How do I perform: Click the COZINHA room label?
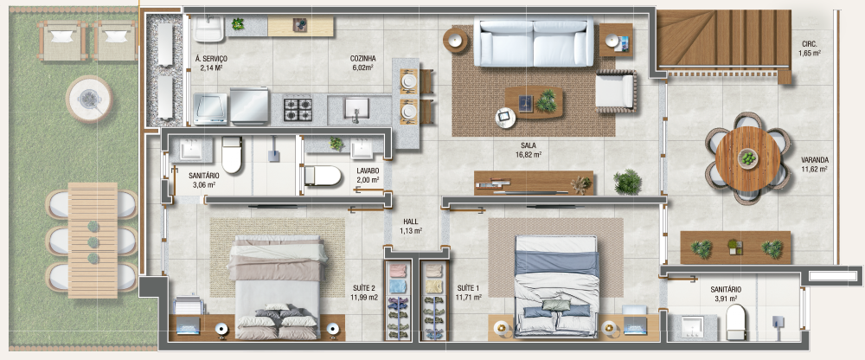click(362, 62)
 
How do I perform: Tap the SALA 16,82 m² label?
click(529, 150)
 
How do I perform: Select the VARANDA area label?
click(814, 164)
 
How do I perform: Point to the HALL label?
click(411, 227)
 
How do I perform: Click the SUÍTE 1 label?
click(469, 292)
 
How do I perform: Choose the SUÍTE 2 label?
click(364, 292)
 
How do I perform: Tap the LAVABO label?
click(368, 175)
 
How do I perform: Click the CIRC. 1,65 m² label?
click(810, 48)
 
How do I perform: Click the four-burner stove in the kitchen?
click(298, 109)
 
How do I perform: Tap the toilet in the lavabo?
click(324, 176)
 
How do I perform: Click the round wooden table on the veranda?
click(747, 158)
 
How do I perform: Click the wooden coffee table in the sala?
click(534, 103)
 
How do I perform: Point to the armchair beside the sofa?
click(616, 91)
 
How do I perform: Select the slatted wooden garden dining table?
click(93, 241)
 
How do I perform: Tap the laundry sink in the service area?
click(209, 29)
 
